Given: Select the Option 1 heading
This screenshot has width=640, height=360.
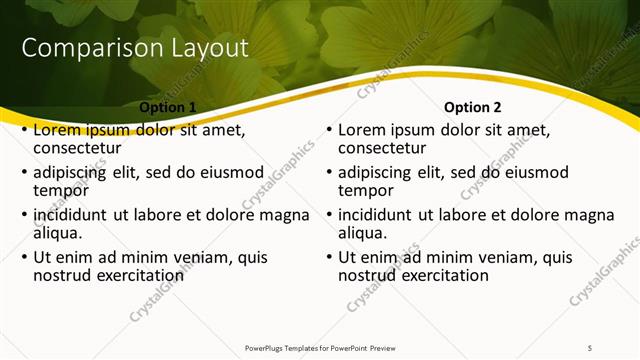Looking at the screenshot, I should point(166,107).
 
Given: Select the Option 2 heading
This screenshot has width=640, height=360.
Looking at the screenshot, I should point(473,107).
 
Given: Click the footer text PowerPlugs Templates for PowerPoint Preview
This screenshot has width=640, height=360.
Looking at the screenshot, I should point(320,347).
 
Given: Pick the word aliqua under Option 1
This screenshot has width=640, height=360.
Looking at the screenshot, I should point(58,233).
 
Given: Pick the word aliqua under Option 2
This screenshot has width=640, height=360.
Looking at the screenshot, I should point(363,233).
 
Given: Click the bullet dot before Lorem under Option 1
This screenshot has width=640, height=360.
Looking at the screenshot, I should point(24,130).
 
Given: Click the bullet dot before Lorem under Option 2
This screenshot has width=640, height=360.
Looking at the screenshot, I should point(329,130).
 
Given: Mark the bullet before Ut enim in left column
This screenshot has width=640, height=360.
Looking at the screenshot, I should point(24,257).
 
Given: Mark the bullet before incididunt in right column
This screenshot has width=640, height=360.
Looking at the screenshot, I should point(329,215).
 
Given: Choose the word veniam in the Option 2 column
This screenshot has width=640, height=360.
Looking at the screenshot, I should point(509,257).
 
